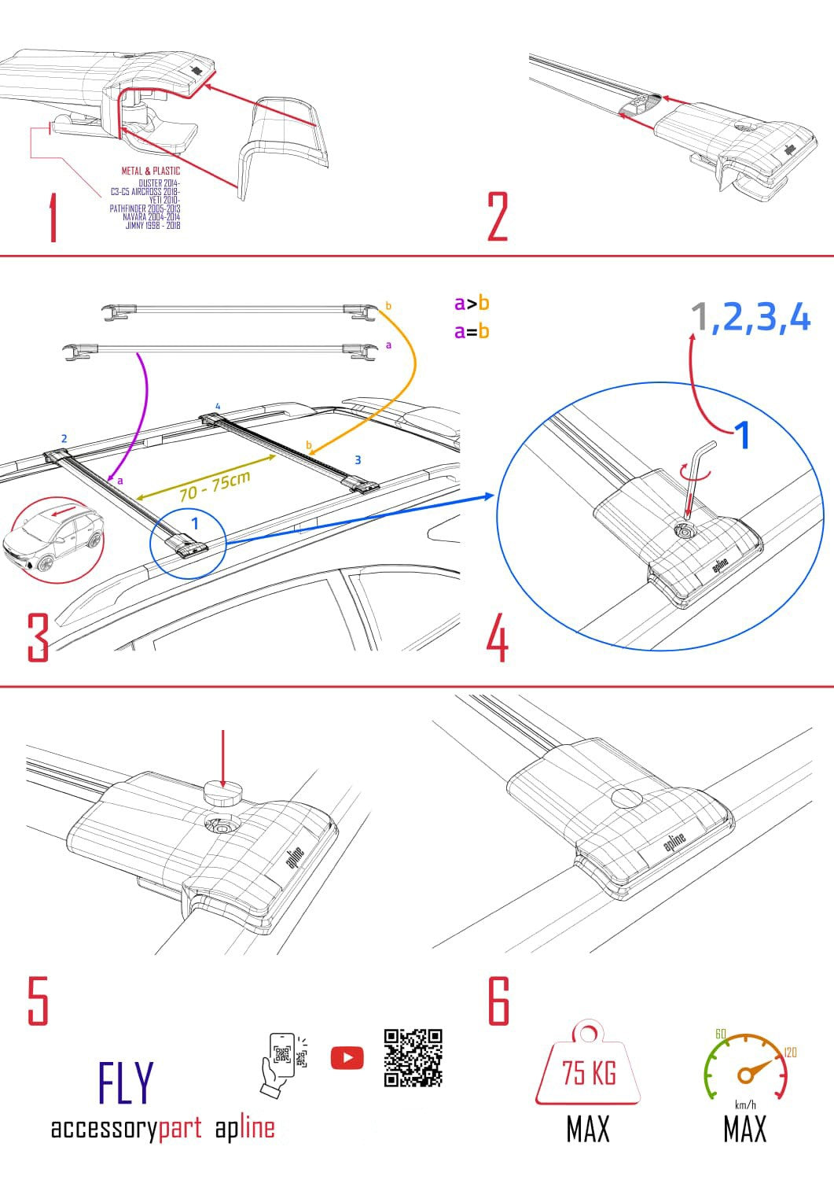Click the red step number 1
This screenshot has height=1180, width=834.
point(53,219)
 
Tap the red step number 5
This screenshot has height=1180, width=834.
point(38,1001)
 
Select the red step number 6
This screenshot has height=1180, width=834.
point(499,1001)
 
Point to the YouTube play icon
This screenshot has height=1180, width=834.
point(347,1058)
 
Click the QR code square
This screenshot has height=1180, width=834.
point(413,1058)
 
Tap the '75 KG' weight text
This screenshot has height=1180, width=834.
point(588,1072)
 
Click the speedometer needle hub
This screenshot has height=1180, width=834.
point(744,1075)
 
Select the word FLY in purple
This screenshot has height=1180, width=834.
point(125,1083)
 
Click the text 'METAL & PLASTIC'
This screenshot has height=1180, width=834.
point(150,171)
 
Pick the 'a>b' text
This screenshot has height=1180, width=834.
point(472,303)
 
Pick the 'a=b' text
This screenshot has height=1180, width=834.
point(472,331)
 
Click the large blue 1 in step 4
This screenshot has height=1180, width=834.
point(741,434)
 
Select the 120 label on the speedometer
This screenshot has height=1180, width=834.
point(790,1053)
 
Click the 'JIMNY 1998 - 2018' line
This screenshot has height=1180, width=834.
point(152,226)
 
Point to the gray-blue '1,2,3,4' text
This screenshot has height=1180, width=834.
point(750,318)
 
